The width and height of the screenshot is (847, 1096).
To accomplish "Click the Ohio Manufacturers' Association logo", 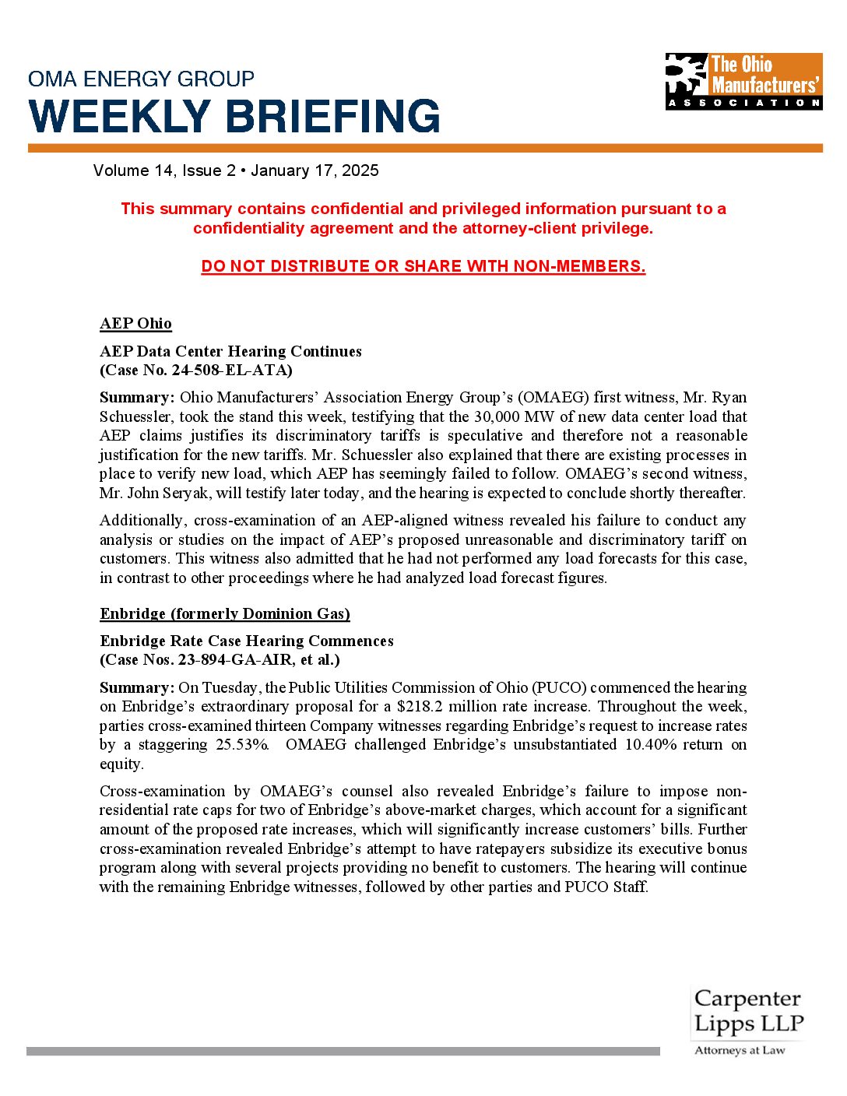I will point(743,81).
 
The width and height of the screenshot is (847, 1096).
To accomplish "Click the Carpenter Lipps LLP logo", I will point(748,1011).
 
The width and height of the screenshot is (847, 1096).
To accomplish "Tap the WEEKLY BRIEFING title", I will point(234,117).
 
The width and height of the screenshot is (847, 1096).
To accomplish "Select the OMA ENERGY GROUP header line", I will point(141,79).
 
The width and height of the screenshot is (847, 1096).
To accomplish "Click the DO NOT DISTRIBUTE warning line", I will point(423,266).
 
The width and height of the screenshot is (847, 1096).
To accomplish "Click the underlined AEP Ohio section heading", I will point(135,324).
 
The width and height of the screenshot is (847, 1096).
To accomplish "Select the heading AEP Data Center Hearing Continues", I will point(230,351).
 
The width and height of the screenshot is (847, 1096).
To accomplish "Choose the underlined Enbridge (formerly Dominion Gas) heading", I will point(225,613).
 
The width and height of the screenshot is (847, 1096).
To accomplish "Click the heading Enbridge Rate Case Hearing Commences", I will point(247,641).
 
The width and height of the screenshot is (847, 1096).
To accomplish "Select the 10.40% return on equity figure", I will point(652,744).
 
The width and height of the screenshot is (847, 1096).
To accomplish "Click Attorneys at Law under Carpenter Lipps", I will point(740,1050).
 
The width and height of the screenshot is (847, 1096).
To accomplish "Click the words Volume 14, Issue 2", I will point(164,170).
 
